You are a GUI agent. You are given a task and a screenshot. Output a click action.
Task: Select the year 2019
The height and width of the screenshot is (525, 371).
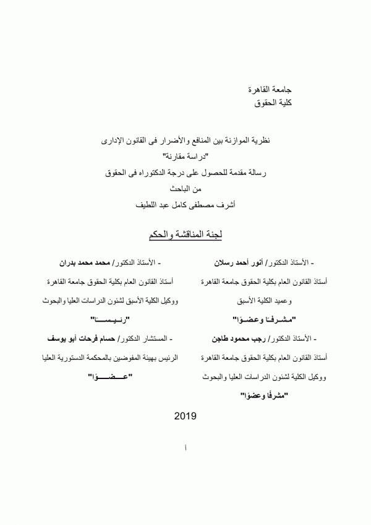click(x=185, y=416)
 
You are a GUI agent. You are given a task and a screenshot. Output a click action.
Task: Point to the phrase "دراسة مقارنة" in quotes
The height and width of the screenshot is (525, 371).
click(x=185, y=157)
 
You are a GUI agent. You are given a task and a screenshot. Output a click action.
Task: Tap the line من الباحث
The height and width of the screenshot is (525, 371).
click(x=185, y=187)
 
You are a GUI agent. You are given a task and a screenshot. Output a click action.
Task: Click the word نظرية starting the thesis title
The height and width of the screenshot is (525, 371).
click(x=257, y=142)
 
